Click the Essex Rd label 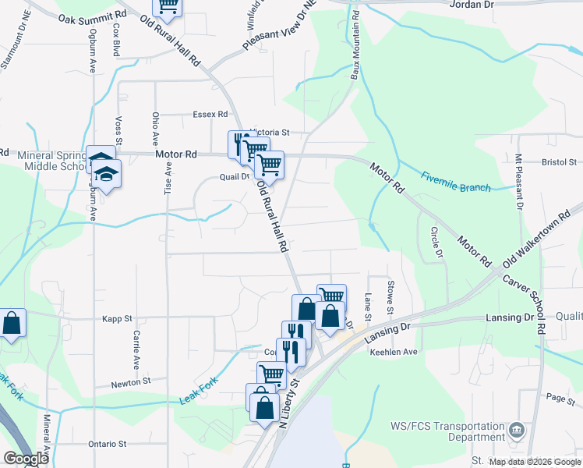(x=210, y=114)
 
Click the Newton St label (x=130, y=382)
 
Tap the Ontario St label (x=108, y=444)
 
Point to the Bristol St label (x=558, y=163)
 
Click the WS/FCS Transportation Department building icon (x=516, y=431)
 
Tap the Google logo (x=26, y=459)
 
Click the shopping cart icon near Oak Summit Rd (x=167, y=7)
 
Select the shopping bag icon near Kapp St (x=12, y=323)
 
